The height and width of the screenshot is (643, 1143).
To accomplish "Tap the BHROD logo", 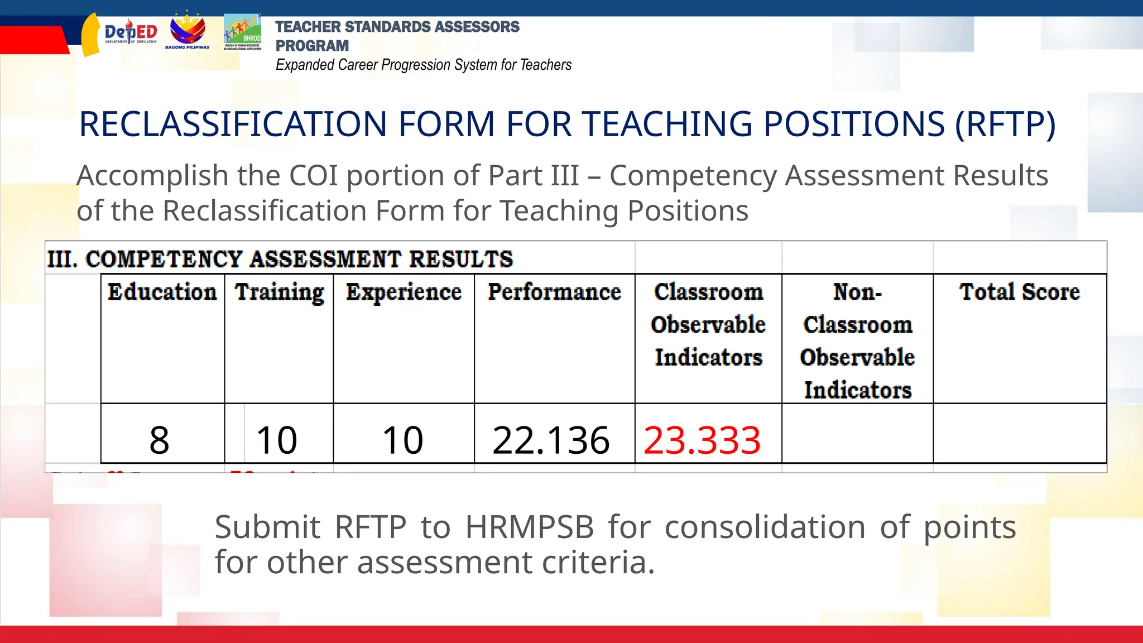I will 243,32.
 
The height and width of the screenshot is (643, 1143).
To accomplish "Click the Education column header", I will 162,292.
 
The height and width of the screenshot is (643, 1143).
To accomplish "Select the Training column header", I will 279,292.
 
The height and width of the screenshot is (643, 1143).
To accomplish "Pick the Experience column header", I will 404,292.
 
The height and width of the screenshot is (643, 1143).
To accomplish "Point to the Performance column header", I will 554,292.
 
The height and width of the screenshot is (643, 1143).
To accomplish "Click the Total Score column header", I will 1019,292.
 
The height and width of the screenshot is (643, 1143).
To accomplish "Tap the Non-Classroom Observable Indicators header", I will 857,340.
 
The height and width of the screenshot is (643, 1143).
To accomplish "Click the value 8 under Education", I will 159,440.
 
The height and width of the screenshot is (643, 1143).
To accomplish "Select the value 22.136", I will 551,440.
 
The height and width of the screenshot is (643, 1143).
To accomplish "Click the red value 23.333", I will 702,440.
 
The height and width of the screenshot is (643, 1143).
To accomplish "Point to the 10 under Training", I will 277,440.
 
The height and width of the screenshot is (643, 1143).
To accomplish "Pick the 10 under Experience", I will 402,440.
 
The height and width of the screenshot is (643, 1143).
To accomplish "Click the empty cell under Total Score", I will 1019,434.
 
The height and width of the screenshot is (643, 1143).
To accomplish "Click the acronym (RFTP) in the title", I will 1005,124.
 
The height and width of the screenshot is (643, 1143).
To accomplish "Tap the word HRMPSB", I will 530,527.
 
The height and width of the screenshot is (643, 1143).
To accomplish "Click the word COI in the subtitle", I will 313,176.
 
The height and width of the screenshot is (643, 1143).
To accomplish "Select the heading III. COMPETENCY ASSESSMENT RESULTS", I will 280,259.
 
